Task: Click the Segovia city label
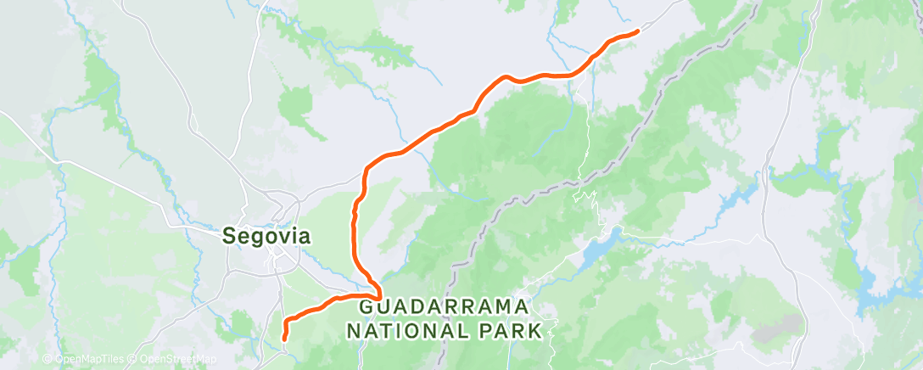266,237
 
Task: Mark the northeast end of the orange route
636,31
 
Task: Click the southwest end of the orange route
283,339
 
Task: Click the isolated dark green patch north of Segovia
297,106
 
